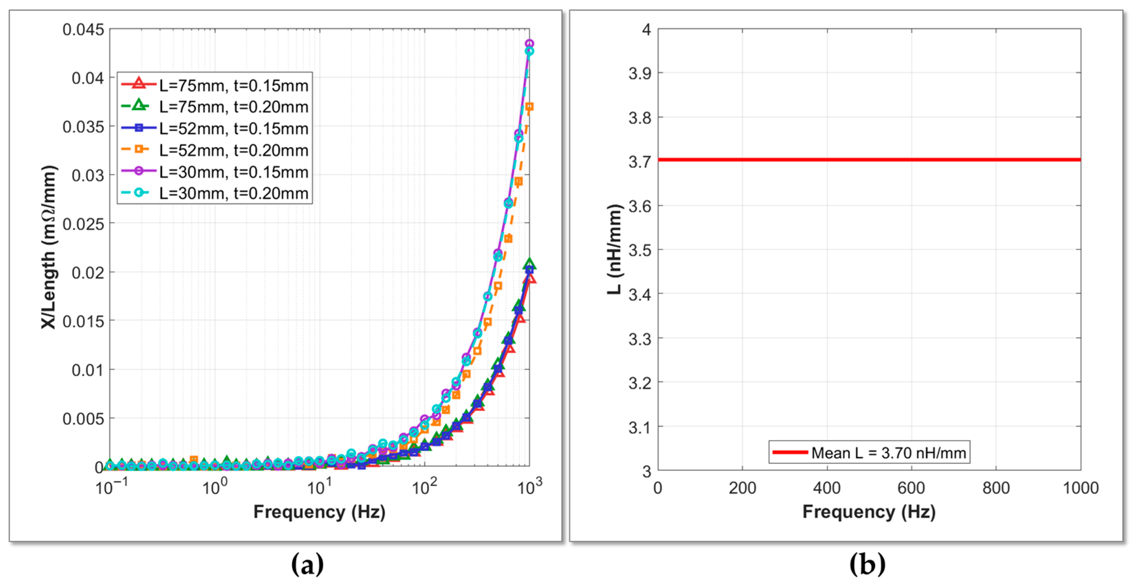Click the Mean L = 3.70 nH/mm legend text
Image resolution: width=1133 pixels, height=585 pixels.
pos(888,453)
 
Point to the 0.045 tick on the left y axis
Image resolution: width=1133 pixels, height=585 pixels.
pos(83,30)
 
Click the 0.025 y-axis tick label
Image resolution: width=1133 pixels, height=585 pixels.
pos(83,224)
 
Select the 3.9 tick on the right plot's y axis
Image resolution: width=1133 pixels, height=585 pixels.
pos(640,73)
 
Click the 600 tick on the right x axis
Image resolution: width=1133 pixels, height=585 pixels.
pos(911,488)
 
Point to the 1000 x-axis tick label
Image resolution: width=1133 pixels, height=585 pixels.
pos(1081,488)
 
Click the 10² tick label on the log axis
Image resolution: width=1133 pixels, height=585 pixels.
pos(425,486)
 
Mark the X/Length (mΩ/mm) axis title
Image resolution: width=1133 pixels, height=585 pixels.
pos(49,247)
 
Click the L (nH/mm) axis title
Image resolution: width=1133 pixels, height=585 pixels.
pos(614,249)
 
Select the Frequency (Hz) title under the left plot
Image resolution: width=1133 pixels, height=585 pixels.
pos(319,512)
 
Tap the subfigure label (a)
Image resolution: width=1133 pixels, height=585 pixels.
pos(308,564)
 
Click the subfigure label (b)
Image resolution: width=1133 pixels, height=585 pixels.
pos(867,564)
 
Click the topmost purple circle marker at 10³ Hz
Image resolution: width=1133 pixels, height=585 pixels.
pos(529,44)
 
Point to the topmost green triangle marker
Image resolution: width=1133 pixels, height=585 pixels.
pos(530,264)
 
